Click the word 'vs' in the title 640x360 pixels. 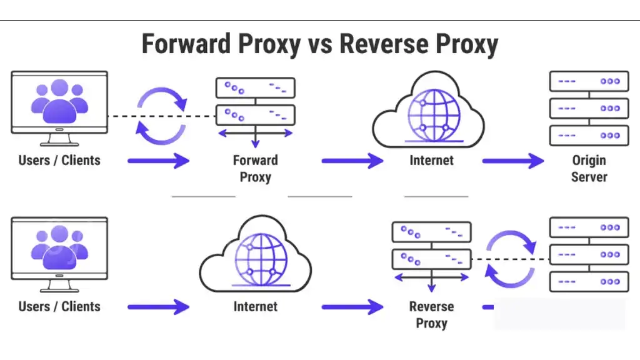coord(319,44)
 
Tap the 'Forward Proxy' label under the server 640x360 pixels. coord(255,168)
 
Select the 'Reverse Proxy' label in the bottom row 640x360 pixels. coord(431,314)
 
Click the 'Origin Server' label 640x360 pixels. coord(589,168)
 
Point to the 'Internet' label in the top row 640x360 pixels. coord(431,160)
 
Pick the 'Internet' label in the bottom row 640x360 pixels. coord(255,307)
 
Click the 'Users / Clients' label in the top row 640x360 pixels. coord(59,160)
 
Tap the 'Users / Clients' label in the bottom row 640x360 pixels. coord(59,307)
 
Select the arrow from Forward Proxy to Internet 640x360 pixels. coord(352,161)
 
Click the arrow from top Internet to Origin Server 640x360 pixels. coord(512,161)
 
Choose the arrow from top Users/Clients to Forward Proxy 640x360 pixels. coord(158,161)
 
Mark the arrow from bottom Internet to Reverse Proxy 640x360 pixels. coord(352,307)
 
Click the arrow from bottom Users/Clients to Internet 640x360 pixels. coord(158,307)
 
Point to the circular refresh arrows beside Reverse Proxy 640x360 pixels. coord(511,259)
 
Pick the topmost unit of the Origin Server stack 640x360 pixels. coord(589,81)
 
